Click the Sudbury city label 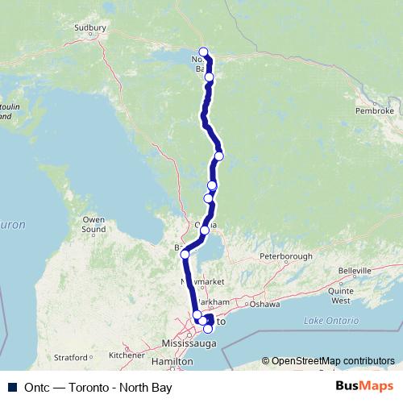90,27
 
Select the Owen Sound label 93,224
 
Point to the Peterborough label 285,256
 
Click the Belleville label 355,271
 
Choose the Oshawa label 264,304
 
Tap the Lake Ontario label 330,321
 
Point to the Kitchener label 127,354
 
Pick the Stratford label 69,356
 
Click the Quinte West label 341,295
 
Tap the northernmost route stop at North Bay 203,52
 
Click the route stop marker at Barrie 185,254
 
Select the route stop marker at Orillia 205,231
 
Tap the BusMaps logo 364,386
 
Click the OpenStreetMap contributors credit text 333,360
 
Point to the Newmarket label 201,282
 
